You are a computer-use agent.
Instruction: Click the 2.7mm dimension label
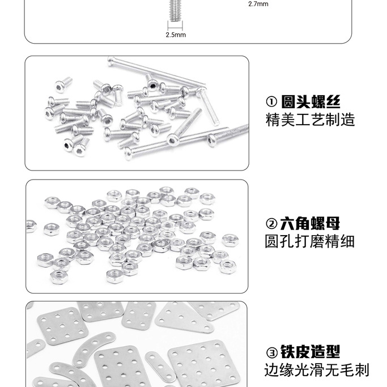(258, 5)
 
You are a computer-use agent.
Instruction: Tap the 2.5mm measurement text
(175, 35)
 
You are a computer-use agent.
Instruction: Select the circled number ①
(271, 103)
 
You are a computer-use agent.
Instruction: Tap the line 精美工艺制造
(310, 120)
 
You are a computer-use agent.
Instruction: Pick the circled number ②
(271, 224)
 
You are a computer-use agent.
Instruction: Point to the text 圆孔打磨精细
(310, 241)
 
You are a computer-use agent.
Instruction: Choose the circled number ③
(271, 352)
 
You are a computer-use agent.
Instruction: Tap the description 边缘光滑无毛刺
(317, 371)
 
